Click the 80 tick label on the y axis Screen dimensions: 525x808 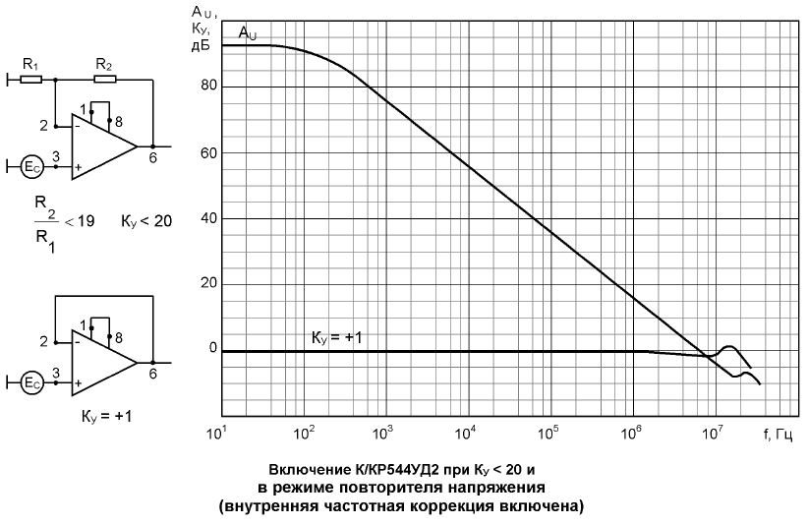click(205, 87)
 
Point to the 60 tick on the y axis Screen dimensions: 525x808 click(205, 152)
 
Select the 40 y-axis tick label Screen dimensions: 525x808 click(205, 218)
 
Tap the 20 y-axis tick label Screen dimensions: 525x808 click(205, 284)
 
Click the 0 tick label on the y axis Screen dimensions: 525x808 click(209, 350)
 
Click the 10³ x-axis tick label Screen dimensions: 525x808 click(384, 433)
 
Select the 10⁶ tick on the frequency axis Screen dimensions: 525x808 click(633, 433)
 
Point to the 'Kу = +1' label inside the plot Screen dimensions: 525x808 click(338, 338)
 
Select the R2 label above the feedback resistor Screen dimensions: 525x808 click(103, 64)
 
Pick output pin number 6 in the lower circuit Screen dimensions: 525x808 click(152, 373)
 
